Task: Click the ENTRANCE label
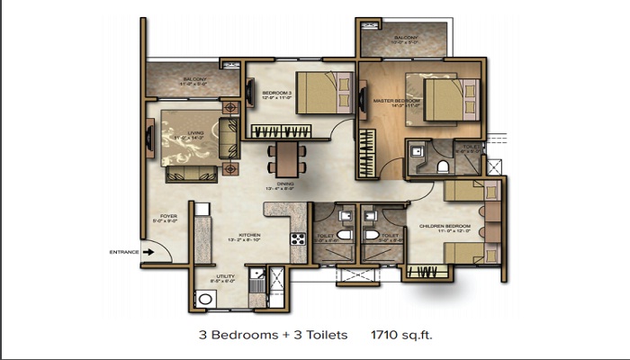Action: click(123, 251)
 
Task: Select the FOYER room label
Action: click(168, 218)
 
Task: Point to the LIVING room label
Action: click(195, 136)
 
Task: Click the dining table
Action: click(285, 158)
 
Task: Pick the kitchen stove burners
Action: click(297, 239)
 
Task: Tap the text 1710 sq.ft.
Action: click(404, 335)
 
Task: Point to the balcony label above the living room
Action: click(195, 80)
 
